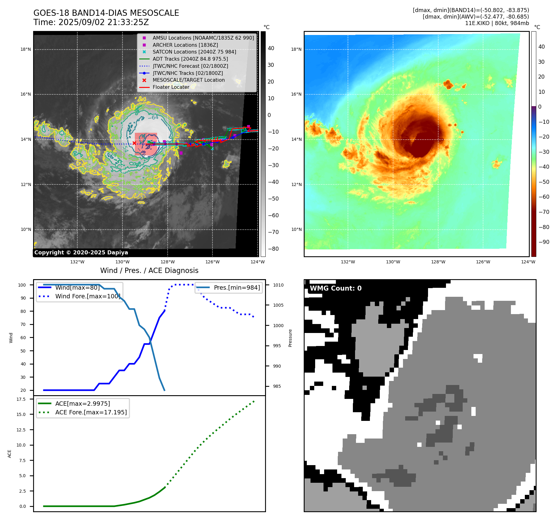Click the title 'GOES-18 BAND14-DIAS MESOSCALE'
tap(106, 13)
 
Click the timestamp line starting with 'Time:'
tap(91, 22)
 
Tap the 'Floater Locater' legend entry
tap(171, 87)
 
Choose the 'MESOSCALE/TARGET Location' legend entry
tap(188, 80)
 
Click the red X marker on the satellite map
tap(134, 143)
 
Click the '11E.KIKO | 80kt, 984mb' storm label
tap(497, 23)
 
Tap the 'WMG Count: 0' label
tap(336, 288)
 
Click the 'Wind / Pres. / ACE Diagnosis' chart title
tap(149, 270)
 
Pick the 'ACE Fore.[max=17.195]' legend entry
tap(91, 412)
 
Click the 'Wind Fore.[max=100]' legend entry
tap(88, 296)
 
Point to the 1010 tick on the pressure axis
tap(278, 285)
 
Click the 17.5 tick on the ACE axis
tap(21, 399)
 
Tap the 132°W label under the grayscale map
tap(77, 262)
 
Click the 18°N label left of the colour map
tap(296, 49)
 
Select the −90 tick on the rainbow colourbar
tap(544, 242)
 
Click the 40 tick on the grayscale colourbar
tap(271, 48)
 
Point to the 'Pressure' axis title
tap(290, 338)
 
